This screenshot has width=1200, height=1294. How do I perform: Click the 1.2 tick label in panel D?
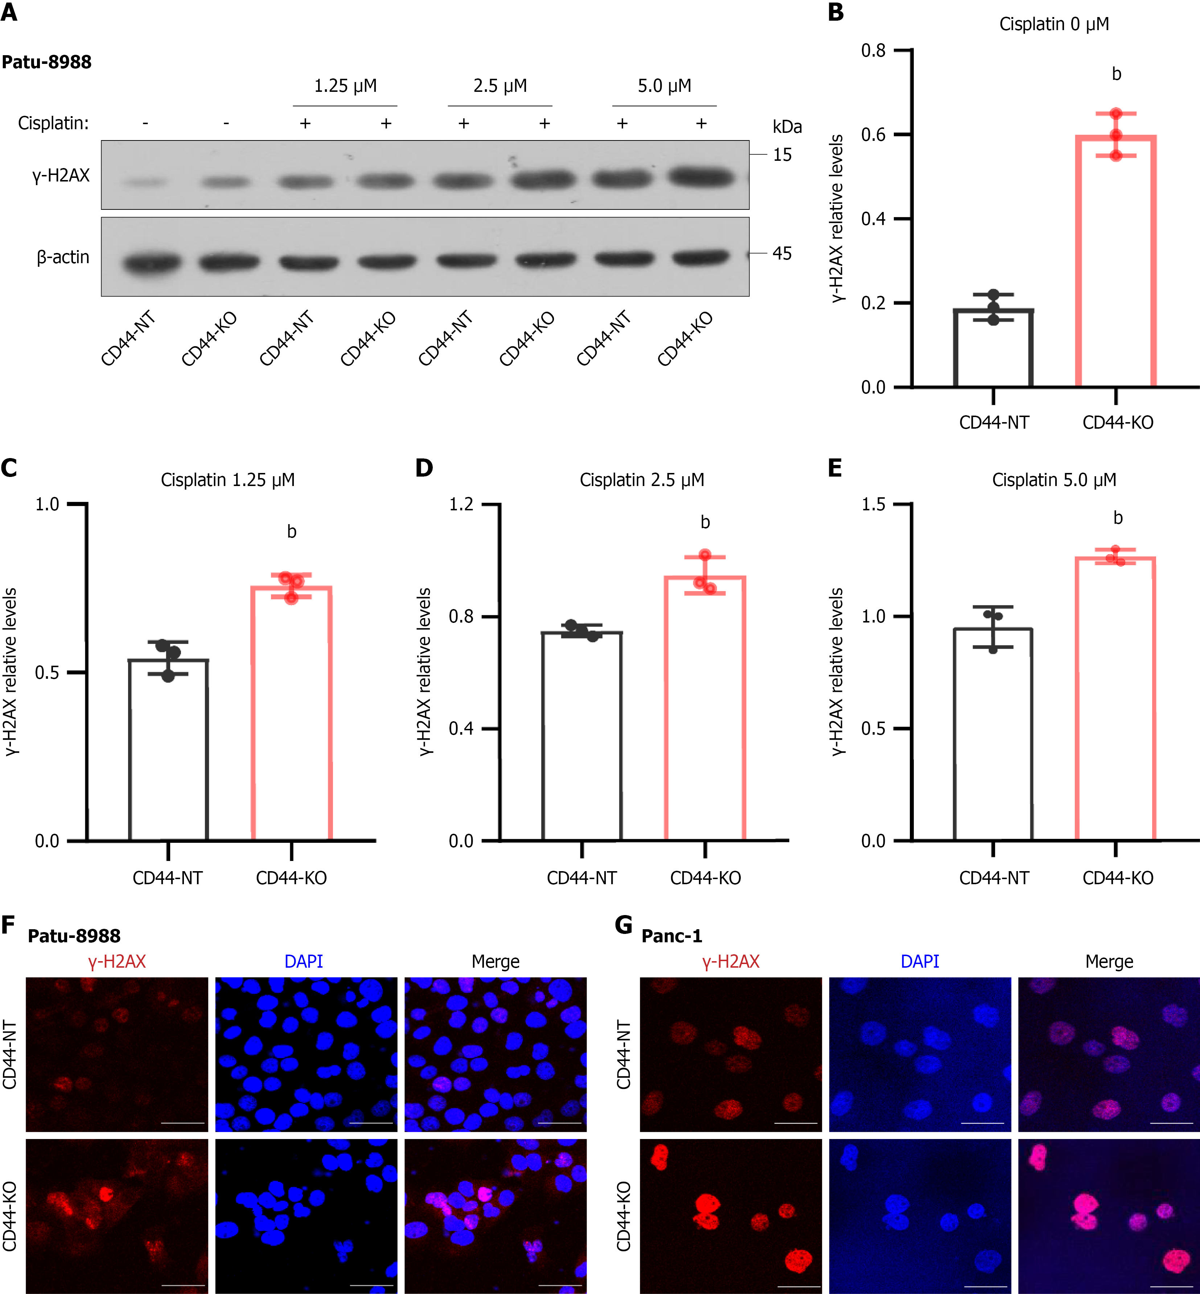coord(461,504)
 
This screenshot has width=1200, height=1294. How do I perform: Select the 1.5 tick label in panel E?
coord(874,504)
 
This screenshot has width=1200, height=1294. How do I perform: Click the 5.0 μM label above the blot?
coord(664,86)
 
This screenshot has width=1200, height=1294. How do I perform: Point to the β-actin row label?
coord(63,257)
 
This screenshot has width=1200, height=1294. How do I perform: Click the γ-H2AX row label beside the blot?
coord(61,175)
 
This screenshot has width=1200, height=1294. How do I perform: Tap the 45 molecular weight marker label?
coord(782,253)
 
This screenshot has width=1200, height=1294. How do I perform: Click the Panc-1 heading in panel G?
coord(671,936)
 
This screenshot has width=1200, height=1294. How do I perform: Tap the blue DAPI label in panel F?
coord(303,962)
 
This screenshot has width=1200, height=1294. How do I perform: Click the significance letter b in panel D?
coord(705,522)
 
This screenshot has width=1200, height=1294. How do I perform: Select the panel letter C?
coord(9,468)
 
